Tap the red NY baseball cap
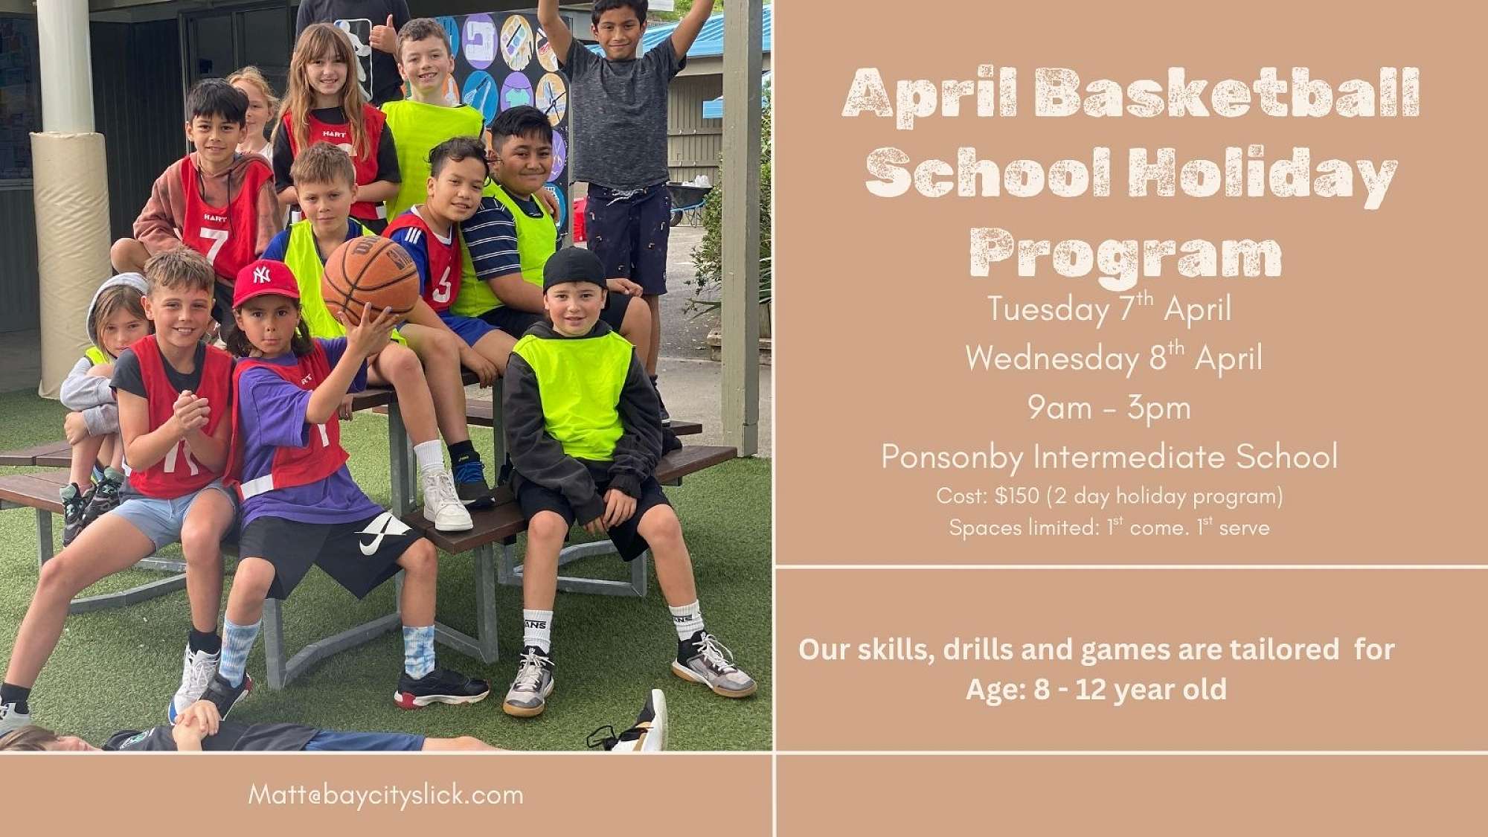265,283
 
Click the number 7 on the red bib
213,245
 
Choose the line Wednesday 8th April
1114,358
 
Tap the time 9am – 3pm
1109,408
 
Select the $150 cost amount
1017,496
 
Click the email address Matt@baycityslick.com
385,795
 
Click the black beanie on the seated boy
574,269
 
